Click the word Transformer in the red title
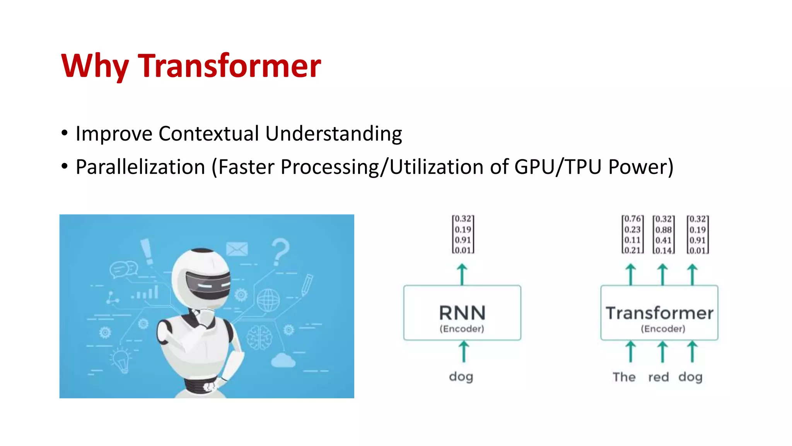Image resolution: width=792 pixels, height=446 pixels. [x=229, y=66]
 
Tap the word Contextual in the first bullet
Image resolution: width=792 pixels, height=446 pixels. [x=209, y=134]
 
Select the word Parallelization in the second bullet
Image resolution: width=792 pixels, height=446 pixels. [x=140, y=167]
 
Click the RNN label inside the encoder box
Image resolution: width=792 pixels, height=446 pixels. [x=462, y=313]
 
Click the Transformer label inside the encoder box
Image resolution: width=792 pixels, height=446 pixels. [x=659, y=313]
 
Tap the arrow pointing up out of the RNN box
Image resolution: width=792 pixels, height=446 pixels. [x=462, y=274]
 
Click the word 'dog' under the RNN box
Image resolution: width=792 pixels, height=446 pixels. [x=461, y=377]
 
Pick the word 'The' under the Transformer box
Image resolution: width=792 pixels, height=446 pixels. [x=624, y=377]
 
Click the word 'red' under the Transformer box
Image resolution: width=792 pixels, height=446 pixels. [x=658, y=377]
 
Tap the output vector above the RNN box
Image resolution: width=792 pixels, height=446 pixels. [x=463, y=235]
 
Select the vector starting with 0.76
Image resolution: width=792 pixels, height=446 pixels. [x=632, y=235]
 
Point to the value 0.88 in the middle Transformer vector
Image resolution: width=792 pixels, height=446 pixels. [x=663, y=230]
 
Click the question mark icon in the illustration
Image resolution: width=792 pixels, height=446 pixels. [x=280, y=252]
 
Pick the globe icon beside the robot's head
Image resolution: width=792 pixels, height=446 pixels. [x=268, y=300]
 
